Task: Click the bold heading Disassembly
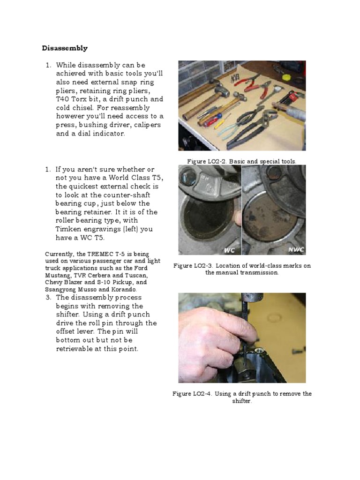click(x=65, y=48)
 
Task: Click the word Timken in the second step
click(x=69, y=229)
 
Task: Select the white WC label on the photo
click(x=230, y=250)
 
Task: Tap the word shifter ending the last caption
click(x=241, y=401)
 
